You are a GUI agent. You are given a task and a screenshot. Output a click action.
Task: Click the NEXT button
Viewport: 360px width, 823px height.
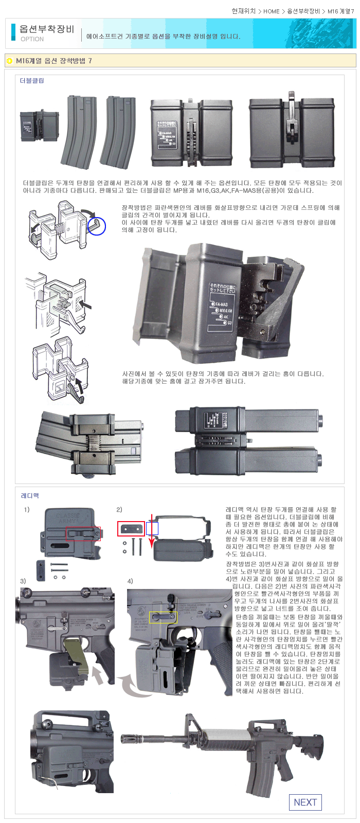pyautogui.click(x=305, y=802)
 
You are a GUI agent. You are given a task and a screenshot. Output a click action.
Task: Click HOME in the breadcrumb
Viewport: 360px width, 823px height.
pyautogui.click(x=272, y=11)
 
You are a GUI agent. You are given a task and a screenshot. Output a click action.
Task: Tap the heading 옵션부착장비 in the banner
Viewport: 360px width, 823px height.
pyautogui.click(x=47, y=29)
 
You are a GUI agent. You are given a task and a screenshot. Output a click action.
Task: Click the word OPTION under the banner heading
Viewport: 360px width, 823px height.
pyautogui.click(x=32, y=39)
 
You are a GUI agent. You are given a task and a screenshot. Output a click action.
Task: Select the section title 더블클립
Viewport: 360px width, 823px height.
pyautogui.click(x=32, y=81)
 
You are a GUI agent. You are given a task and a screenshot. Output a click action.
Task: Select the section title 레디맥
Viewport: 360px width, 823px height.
pyautogui.click(x=30, y=496)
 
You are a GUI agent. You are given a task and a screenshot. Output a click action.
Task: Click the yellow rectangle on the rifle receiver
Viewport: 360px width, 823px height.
pyautogui.click(x=163, y=617)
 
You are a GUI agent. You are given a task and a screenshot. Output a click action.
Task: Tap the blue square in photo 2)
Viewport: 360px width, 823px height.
pyautogui.click(x=152, y=529)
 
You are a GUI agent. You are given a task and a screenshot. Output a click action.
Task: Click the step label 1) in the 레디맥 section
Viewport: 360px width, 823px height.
pyautogui.click(x=27, y=510)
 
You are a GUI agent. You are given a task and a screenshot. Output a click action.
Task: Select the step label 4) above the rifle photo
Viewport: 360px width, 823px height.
pyautogui.click(x=130, y=581)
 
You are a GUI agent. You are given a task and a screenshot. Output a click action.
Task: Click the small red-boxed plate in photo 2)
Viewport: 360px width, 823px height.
pyautogui.click(x=131, y=528)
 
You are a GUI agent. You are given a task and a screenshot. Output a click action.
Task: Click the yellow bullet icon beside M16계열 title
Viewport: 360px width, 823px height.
pyautogui.click(x=9, y=61)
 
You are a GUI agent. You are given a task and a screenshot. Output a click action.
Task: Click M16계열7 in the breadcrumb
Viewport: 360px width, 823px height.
pyautogui.click(x=340, y=11)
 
